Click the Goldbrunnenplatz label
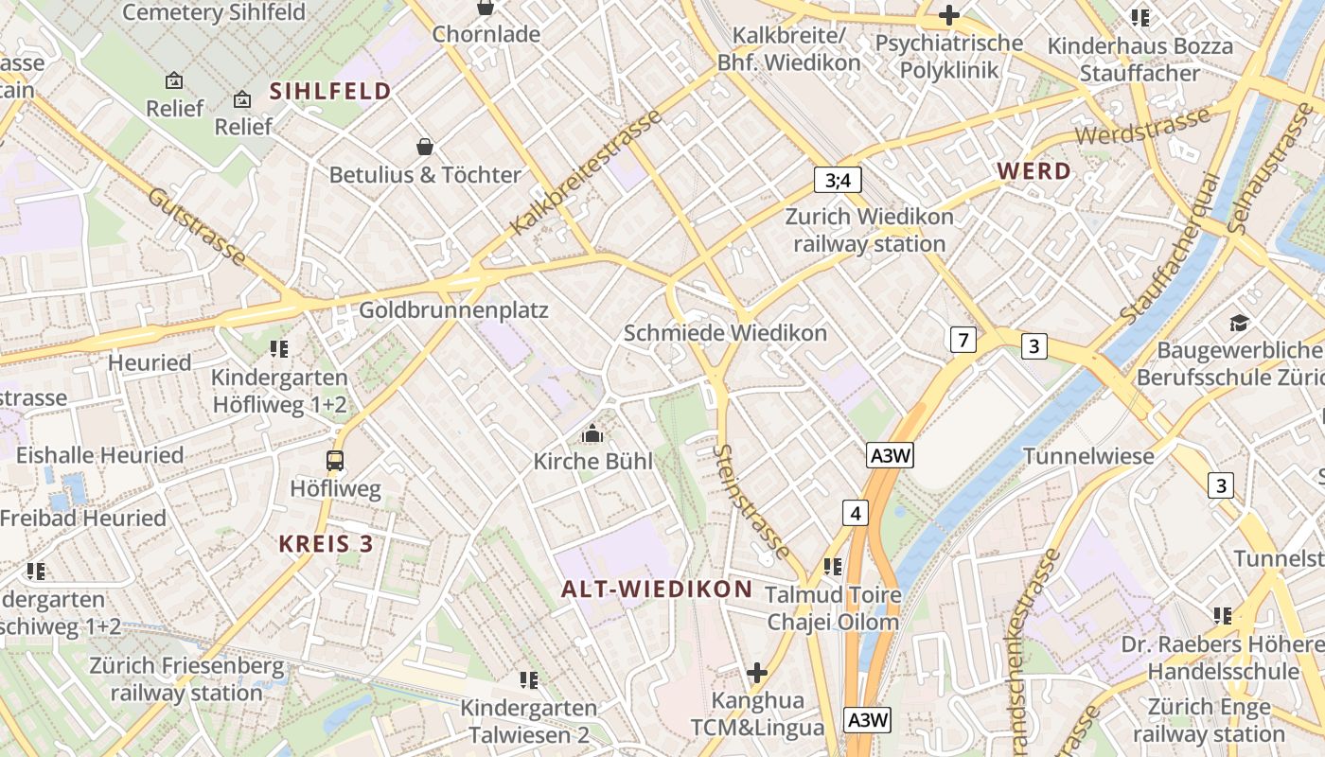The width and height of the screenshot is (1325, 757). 453,310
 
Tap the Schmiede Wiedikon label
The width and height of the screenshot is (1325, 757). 725,333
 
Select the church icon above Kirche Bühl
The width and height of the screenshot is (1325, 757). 593,434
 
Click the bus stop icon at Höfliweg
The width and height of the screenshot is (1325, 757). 335,461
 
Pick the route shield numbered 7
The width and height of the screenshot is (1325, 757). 963,340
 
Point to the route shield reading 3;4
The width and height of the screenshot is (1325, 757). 838,180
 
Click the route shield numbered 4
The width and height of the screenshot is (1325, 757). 856,514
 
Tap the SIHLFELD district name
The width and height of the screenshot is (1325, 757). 330,91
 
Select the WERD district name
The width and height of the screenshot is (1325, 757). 1034,171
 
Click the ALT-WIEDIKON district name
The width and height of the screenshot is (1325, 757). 657,589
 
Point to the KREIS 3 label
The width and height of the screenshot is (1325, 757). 326,544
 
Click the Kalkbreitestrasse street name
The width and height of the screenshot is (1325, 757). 586,172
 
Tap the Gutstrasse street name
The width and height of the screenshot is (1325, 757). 197,226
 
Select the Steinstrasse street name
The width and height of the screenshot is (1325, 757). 753,502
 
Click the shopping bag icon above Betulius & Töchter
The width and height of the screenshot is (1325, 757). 425,147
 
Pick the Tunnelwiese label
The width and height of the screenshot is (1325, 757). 1088,456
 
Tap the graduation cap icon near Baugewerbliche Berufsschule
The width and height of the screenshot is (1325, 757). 1239,324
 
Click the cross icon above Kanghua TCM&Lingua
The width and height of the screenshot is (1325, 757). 756,673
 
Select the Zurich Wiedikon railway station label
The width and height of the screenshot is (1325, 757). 869,230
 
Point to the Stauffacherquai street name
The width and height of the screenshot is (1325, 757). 1169,248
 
